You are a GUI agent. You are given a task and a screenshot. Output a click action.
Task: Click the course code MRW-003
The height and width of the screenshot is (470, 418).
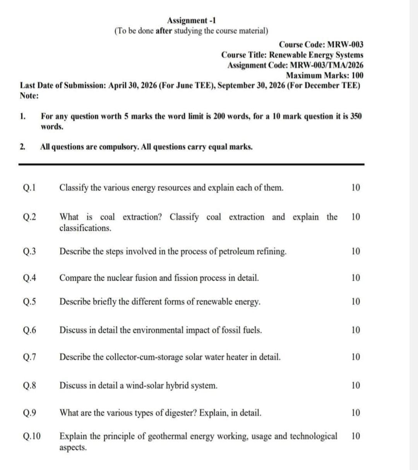(x=345, y=45)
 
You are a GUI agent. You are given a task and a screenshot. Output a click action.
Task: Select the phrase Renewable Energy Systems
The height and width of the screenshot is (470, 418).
(x=316, y=55)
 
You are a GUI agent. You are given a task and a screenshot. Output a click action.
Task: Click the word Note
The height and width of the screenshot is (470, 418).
(x=28, y=95)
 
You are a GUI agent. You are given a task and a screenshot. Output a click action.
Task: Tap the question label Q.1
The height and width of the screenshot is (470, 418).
(x=29, y=188)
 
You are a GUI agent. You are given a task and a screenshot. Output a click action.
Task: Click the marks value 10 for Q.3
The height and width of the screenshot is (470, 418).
(x=356, y=251)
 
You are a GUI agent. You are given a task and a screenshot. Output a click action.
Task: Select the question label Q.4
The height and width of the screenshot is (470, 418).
(x=29, y=278)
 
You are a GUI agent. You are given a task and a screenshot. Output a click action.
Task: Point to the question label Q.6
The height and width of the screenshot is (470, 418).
(x=29, y=330)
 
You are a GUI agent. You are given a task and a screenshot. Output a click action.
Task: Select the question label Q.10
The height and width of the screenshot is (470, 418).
(x=32, y=436)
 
